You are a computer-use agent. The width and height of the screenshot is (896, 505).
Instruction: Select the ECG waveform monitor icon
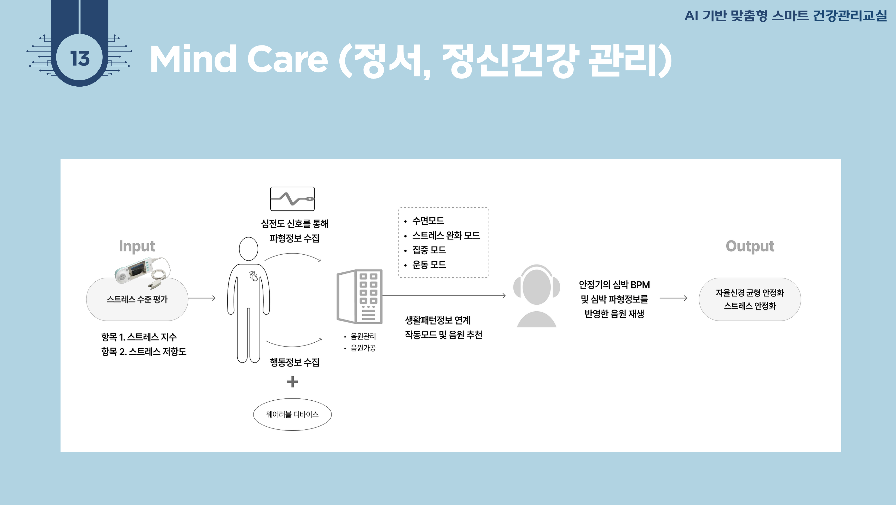pyautogui.click(x=292, y=199)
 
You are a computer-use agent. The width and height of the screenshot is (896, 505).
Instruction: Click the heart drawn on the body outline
pyautogui.click(x=253, y=276)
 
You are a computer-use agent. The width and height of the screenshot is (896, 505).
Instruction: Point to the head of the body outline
pyautogui.click(x=248, y=249)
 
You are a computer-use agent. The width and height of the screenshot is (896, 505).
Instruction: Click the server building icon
pyautogui.click(x=360, y=297)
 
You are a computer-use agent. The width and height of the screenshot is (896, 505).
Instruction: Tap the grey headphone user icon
pyautogui.click(x=536, y=296)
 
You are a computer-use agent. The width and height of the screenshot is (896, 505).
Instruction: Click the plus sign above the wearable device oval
pyautogui.click(x=292, y=382)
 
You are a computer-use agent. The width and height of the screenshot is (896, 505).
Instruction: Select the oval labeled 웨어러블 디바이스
pyautogui.click(x=292, y=414)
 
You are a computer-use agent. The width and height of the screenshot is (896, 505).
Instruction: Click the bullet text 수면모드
pyautogui.click(x=428, y=221)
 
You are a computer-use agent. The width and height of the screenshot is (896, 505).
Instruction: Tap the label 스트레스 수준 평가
pyautogui.click(x=137, y=299)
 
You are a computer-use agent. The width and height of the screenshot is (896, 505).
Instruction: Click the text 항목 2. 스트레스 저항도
pyautogui.click(x=144, y=351)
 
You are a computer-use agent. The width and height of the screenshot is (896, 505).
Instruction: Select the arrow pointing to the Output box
pyautogui.click(x=673, y=298)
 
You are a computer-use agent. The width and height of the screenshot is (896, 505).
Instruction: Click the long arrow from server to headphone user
pyautogui.click(x=444, y=295)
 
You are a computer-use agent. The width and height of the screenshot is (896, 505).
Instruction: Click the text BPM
pyautogui.click(x=640, y=285)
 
